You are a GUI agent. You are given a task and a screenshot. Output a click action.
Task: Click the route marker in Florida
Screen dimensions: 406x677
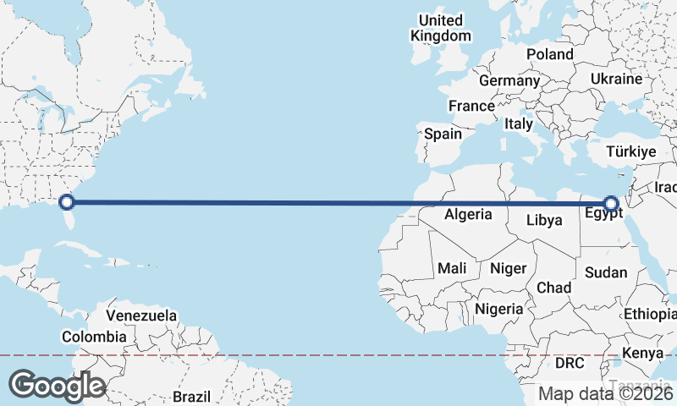[67, 202]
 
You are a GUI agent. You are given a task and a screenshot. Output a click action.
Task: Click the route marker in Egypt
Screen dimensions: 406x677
[610, 203]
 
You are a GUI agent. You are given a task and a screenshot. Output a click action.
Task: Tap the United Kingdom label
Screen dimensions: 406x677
[441, 28]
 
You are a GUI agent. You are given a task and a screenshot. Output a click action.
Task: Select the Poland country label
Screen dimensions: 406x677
[549, 54]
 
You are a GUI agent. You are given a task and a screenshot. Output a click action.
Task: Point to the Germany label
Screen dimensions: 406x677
[509, 81]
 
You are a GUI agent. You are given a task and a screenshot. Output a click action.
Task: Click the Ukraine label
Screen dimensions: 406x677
[617, 79]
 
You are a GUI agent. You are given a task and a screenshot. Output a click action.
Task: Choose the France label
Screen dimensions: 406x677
[471, 107]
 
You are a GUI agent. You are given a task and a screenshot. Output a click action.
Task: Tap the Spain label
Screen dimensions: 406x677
[443, 134]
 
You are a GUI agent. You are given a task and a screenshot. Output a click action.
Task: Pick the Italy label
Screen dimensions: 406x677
[519, 123]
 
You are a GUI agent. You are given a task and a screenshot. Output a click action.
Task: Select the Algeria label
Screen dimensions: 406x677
[468, 215]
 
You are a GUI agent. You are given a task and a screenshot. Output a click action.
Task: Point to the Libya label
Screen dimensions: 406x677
[544, 221]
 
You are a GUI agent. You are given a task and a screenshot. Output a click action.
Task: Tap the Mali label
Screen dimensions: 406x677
[452, 268]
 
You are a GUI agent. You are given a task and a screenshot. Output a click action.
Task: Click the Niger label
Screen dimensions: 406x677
[509, 268]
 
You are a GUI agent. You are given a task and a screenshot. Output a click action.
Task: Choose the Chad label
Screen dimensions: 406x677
[554, 288]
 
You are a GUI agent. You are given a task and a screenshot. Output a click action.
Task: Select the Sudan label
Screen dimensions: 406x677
[606, 272]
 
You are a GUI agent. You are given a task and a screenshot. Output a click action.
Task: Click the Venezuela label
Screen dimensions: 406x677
[141, 316]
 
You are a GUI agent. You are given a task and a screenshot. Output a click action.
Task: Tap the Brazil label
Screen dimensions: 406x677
[190, 396]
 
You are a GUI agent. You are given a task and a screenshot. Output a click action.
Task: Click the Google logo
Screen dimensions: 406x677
[57, 386]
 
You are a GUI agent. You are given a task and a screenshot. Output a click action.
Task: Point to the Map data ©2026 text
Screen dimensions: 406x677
[606, 393]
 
